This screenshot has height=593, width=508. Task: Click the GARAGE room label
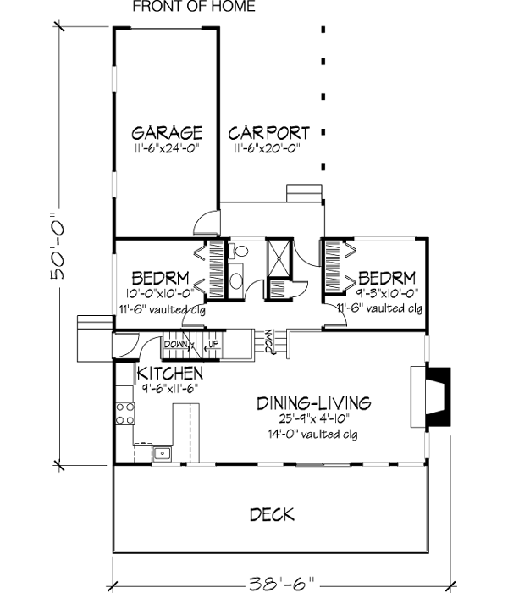167,133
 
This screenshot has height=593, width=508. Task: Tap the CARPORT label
268,133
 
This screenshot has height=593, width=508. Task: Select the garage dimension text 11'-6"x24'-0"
167,148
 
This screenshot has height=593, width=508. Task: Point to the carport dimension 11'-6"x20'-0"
268,148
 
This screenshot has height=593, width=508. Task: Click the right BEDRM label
386,279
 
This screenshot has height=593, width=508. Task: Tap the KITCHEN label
170,374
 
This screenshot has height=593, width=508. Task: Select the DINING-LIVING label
314,403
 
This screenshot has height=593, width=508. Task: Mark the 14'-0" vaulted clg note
314,435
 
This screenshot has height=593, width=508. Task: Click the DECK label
272,514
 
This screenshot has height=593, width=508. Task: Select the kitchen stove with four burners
125,413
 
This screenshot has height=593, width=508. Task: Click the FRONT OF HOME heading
193,7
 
